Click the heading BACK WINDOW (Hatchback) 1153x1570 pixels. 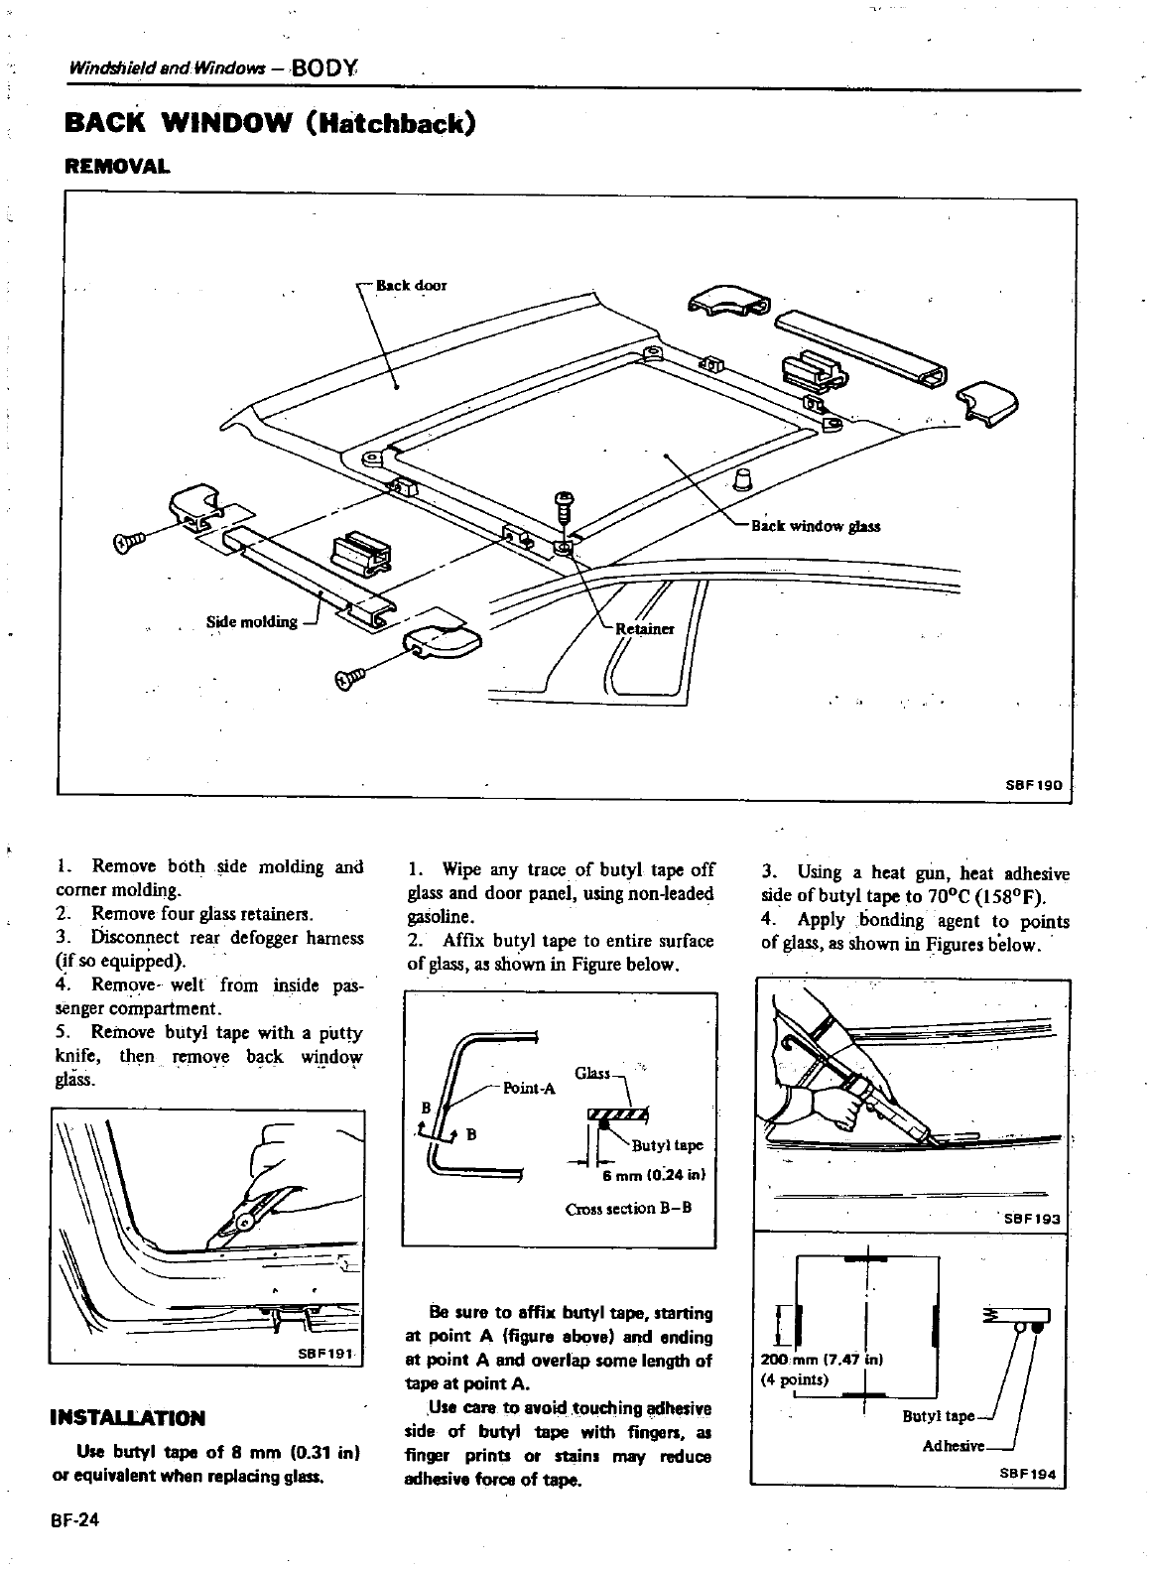coord(269,125)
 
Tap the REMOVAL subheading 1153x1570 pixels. coord(116,166)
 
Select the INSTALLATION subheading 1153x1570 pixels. coord(127,1417)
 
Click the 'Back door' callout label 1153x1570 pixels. coord(411,286)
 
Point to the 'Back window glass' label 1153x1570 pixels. coord(815,526)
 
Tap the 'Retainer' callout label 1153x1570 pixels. coord(645,629)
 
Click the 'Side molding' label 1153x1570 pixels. coord(251,622)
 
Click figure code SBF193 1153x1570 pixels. coord(1033,1218)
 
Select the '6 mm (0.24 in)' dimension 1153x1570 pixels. coord(654,1177)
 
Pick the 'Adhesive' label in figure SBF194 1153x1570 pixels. coord(954,1446)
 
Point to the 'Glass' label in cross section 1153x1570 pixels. coord(592,1074)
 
